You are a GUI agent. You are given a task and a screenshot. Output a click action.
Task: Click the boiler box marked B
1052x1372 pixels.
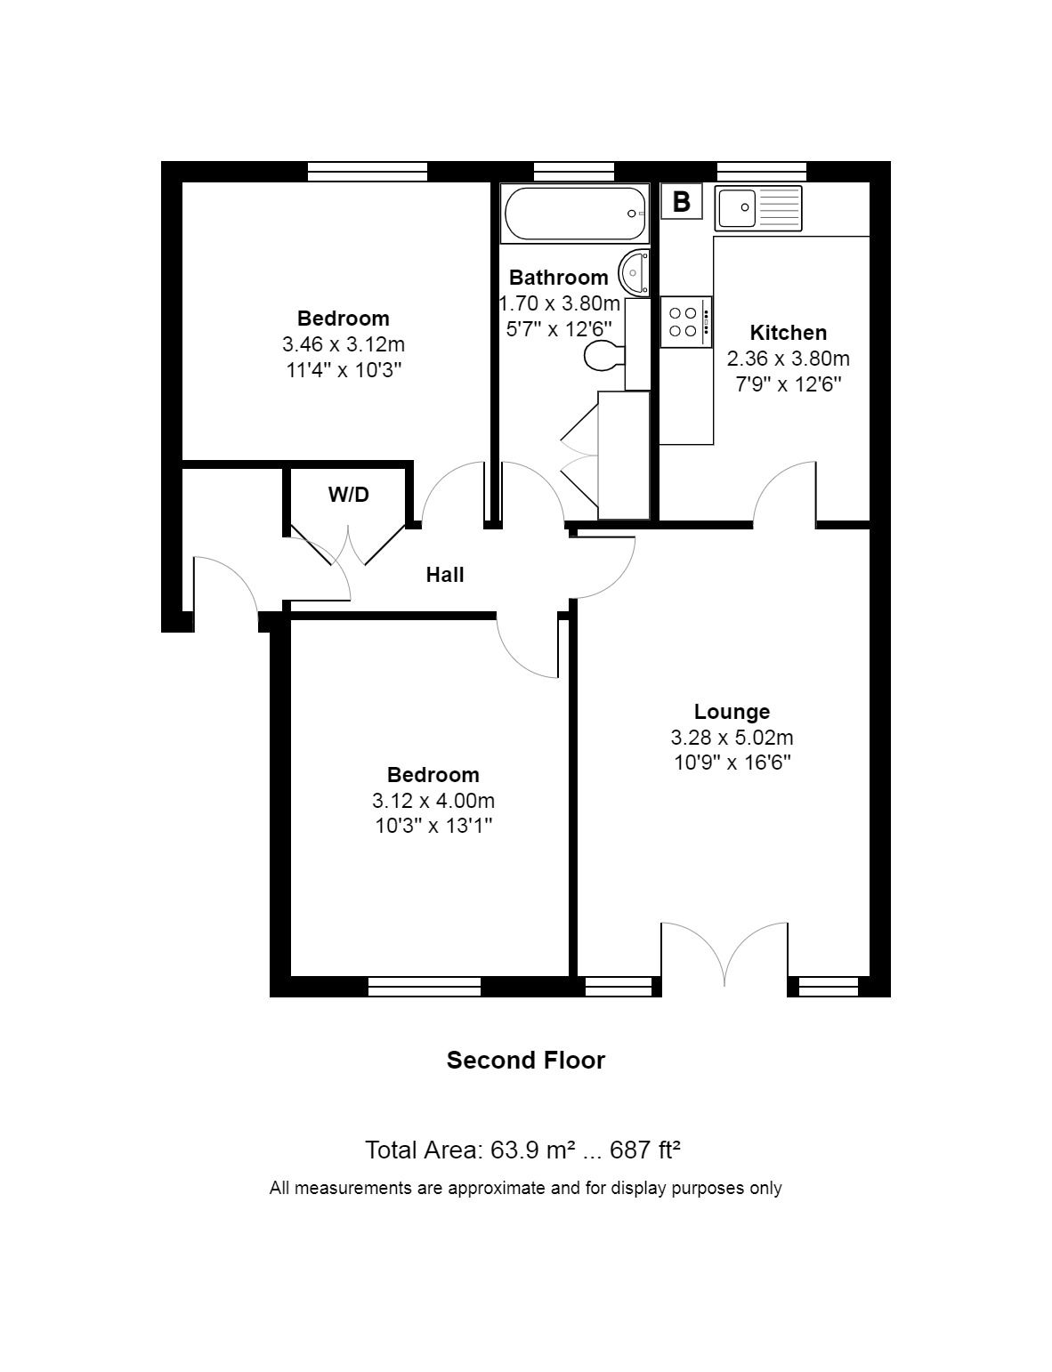coord(682,202)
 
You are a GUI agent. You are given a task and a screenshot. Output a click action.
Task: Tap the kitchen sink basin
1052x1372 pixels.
coord(736,207)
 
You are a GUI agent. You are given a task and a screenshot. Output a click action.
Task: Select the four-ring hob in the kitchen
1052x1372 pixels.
coord(685,321)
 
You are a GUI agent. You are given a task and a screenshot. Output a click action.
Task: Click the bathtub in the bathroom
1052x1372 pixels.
coord(575,214)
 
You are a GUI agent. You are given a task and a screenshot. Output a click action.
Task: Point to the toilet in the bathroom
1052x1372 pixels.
coord(604,357)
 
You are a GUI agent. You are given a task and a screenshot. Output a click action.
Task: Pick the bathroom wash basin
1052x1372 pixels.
coord(634,273)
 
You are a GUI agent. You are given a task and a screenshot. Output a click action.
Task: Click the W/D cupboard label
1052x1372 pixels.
coord(349,495)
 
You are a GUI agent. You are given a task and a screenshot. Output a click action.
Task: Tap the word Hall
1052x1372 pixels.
coord(445,575)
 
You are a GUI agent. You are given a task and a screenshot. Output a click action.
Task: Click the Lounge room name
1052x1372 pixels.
coord(732,712)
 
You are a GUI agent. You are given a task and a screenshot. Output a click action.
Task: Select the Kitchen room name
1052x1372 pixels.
coord(788,332)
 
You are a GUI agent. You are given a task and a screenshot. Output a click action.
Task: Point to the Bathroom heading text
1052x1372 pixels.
coord(558,278)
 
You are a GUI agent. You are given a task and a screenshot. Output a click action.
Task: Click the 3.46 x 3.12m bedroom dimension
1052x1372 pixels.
coord(344,344)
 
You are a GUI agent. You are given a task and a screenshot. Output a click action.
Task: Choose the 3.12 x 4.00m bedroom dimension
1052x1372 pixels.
coord(433,801)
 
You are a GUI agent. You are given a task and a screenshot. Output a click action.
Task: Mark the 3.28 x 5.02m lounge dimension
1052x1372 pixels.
coord(732,738)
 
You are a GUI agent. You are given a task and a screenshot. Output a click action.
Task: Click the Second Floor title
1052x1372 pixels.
coord(526,1060)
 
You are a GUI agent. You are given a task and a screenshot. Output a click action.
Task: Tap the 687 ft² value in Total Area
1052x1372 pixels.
coord(644,1150)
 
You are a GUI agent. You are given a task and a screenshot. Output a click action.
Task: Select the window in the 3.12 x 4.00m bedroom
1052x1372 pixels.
coord(425,986)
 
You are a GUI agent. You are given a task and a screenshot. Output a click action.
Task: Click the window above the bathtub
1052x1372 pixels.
coord(574,171)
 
